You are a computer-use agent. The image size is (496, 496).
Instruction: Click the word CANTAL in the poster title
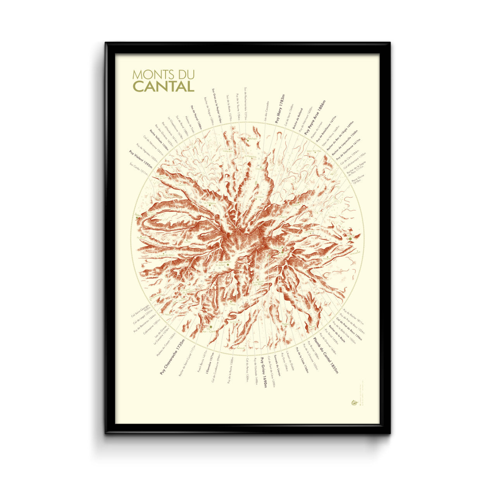pos(164,86)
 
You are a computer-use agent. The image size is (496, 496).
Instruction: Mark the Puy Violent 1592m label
pos(140,158)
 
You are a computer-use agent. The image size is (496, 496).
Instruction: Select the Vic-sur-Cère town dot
pos(211,327)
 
